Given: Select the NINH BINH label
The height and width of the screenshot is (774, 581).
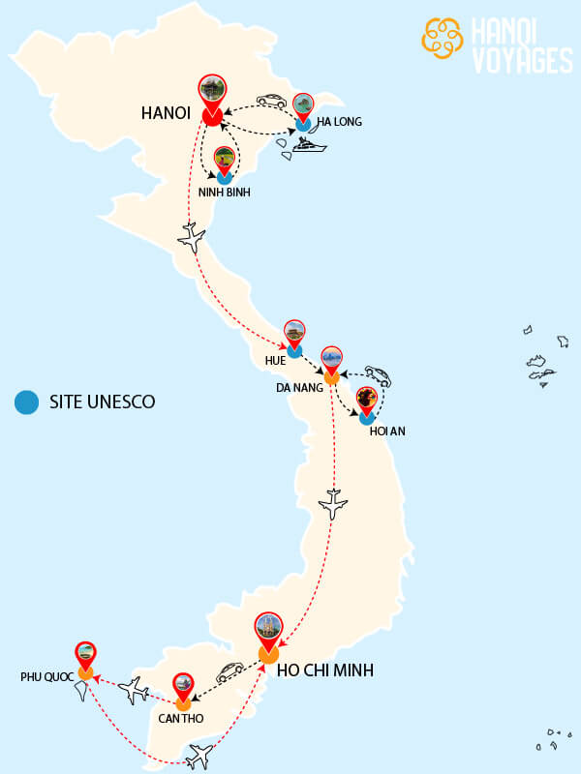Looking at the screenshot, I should (225, 193).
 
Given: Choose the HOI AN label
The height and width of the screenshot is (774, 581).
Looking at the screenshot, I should (387, 431).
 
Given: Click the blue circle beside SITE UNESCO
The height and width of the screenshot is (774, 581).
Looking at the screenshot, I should (26, 401).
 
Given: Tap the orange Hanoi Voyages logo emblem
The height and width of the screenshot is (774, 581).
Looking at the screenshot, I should (443, 39).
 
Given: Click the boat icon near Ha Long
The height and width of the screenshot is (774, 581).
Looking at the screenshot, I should (311, 147).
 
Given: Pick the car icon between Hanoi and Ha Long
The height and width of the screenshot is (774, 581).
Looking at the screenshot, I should (271, 100).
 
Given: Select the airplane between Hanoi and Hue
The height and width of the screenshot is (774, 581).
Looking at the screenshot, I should (192, 236).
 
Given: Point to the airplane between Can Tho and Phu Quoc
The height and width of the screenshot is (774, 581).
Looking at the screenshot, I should (132, 689).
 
